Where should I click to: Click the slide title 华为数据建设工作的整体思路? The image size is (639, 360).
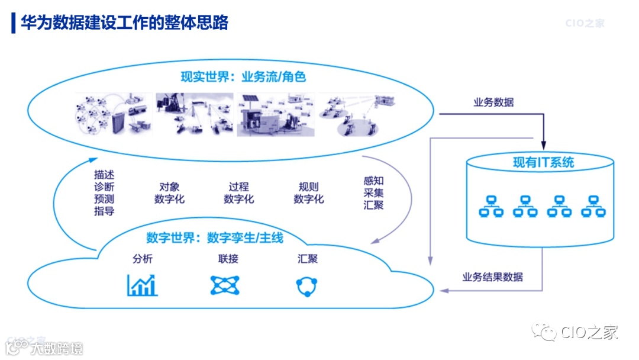click(x=124, y=22)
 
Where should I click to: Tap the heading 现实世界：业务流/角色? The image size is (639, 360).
click(x=243, y=77)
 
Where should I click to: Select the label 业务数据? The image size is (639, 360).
click(x=493, y=102)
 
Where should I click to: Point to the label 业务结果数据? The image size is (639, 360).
click(x=492, y=277)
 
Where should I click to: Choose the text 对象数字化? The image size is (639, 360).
click(x=169, y=193)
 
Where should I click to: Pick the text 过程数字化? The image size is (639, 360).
click(x=238, y=193)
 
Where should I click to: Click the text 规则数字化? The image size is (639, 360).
click(x=308, y=193)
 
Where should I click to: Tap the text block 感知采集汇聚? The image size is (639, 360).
click(x=373, y=192)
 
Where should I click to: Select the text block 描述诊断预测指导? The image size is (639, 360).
click(x=104, y=192)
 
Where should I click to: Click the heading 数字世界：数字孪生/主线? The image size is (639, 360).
click(x=215, y=238)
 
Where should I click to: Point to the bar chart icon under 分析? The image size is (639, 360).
click(x=142, y=285)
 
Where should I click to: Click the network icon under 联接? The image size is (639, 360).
click(x=225, y=285)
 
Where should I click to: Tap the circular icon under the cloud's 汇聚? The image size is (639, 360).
click(x=307, y=285)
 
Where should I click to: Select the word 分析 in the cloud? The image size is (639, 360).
click(x=143, y=259)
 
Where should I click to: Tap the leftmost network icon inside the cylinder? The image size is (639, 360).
click(x=490, y=205)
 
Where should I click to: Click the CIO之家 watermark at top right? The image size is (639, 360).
click(x=585, y=24)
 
